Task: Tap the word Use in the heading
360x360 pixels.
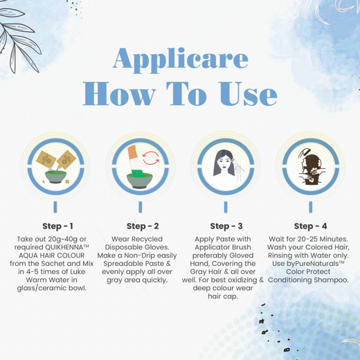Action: [248, 93]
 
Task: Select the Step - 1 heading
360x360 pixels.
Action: [57, 226]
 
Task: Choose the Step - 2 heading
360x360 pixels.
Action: [143, 226]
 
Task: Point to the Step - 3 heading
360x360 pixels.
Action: [226, 226]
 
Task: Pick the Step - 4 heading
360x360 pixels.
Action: [310, 226]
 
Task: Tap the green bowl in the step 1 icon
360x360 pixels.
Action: [55, 177]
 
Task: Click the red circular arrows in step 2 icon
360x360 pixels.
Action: [151, 158]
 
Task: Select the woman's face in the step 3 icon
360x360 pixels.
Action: [224, 164]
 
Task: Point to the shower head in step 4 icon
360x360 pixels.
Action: [303, 152]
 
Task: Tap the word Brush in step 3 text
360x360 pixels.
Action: [242, 247]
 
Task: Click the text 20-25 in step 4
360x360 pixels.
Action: [307, 240]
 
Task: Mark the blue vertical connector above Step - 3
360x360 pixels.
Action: [226, 207]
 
